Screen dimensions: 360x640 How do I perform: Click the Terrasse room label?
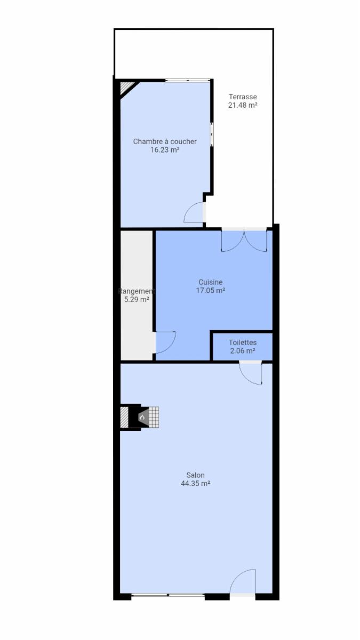(243, 97)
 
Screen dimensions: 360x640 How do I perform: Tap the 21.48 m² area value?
(243, 105)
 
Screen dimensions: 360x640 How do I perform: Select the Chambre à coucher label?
(165, 141)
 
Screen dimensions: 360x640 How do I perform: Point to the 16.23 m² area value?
(165, 150)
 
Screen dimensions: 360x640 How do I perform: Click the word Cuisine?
(211, 282)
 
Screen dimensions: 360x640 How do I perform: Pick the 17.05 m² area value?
(211, 291)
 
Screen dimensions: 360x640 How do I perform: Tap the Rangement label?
(137, 291)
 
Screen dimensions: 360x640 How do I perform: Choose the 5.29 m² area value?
(137, 299)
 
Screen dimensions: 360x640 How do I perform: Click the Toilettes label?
(243, 342)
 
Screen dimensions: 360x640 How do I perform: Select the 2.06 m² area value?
(243, 350)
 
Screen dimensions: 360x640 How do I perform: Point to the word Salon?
(195, 475)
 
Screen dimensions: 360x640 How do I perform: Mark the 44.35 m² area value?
(195, 483)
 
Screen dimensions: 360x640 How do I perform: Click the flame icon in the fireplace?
(142, 418)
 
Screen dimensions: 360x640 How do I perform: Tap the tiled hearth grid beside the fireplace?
(154, 417)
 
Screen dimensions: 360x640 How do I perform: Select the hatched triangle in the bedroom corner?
(125, 87)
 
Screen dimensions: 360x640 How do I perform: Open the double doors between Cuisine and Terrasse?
(244, 239)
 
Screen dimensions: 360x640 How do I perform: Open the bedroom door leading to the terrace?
(194, 212)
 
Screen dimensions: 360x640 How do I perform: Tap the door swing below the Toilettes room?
(250, 373)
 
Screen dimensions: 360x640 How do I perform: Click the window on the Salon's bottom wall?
(168, 595)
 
